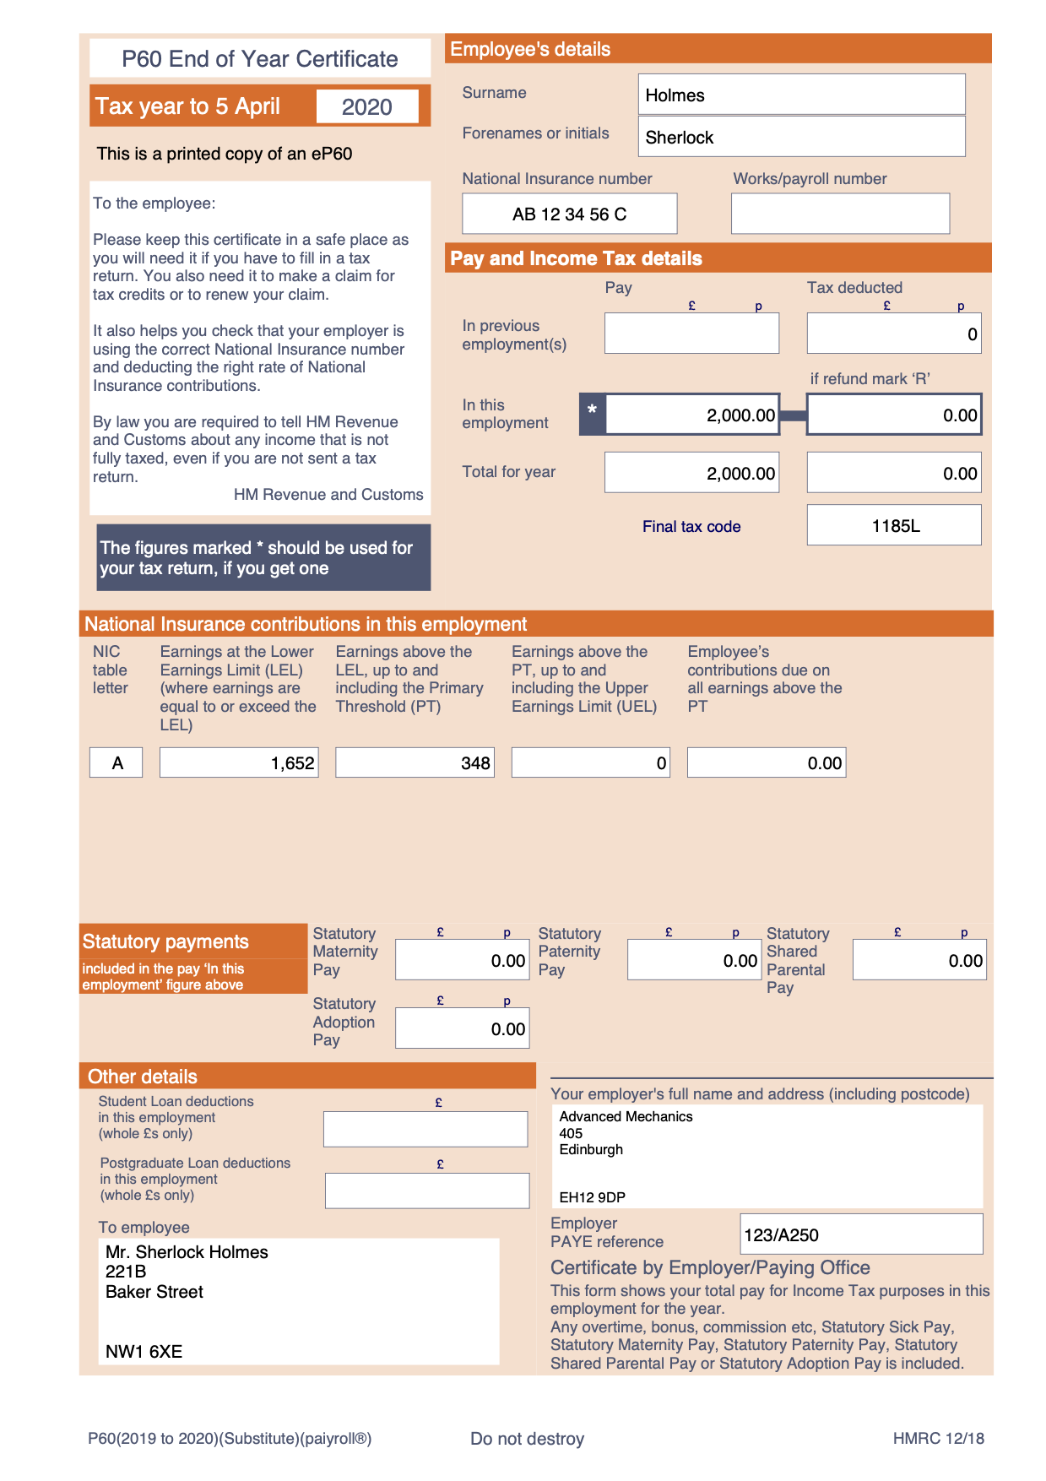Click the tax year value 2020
(367, 107)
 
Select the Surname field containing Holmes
(800, 95)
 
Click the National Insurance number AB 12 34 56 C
(569, 214)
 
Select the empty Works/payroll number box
(839, 214)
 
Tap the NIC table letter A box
(117, 763)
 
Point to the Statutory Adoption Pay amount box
(462, 1028)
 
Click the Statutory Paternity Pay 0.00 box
(694, 961)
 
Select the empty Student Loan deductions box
(425, 1129)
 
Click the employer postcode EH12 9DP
(592, 1197)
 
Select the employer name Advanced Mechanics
(626, 1117)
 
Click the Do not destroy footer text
(527, 1439)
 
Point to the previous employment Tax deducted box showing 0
(894, 334)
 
